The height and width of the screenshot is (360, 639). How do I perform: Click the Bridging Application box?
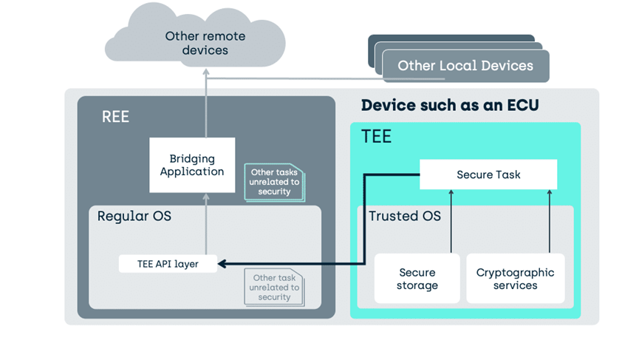click(192, 165)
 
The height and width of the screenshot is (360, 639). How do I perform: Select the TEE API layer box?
click(168, 264)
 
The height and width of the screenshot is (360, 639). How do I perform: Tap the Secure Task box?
click(488, 174)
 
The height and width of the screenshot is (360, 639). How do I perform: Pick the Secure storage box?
click(417, 279)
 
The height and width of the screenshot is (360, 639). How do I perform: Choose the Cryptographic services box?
click(515, 279)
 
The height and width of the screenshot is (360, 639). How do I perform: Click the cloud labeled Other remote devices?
click(196, 37)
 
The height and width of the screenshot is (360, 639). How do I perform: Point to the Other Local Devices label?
click(465, 66)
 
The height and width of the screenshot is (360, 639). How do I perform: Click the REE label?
click(115, 117)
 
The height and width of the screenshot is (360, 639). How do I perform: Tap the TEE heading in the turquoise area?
click(376, 137)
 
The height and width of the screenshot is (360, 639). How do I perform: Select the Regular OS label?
click(134, 216)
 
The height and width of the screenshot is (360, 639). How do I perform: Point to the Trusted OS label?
click(405, 216)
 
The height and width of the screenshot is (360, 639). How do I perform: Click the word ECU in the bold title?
click(523, 105)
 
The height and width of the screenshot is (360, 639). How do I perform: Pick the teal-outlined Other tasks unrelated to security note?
click(274, 183)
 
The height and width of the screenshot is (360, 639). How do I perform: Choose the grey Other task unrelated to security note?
click(274, 288)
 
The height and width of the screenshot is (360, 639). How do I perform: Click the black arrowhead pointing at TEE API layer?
click(222, 264)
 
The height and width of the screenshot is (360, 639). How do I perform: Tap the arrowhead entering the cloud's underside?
click(206, 72)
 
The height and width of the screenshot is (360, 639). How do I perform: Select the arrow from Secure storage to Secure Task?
click(451, 221)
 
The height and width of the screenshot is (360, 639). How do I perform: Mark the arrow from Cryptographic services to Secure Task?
click(550, 221)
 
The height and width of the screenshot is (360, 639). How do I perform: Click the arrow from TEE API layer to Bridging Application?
click(206, 224)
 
